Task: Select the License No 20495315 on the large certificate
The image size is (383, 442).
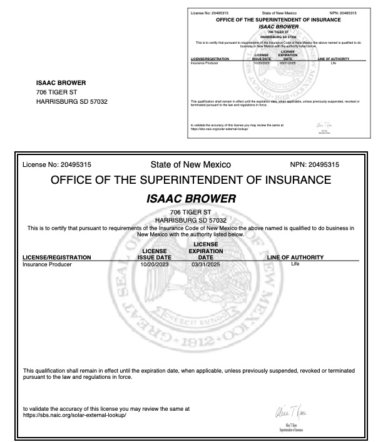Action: [x=57, y=165]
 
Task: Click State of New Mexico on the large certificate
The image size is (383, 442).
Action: [x=191, y=165]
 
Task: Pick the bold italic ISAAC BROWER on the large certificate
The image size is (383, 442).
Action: [x=191, y=199]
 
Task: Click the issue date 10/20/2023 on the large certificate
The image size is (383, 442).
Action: [x=154, y=264]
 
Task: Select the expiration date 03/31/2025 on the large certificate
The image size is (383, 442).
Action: [x=206, y=264]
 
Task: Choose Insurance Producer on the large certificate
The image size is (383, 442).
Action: [x=47, y=264]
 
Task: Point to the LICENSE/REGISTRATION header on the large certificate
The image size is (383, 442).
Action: [x=57, y=257]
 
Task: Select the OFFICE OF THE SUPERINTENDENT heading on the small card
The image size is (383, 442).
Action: [x=278, y=20]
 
